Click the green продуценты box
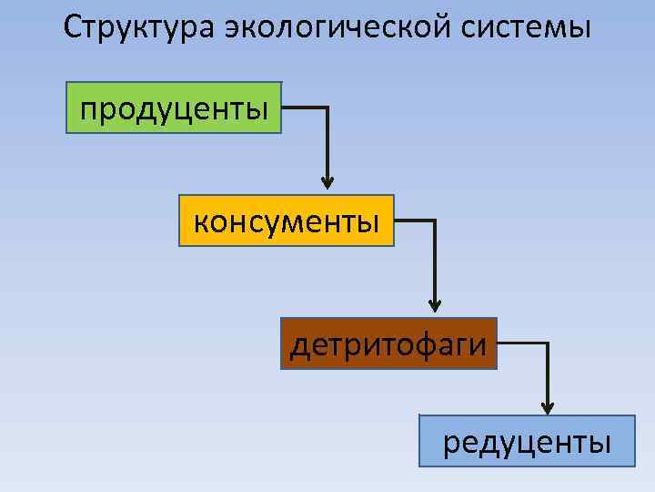174,108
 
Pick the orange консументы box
287,220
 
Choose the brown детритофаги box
388,343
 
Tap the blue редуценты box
527,441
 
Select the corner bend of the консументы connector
436,220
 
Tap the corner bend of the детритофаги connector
548,343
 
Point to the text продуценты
174,109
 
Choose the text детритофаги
388,345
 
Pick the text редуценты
527,443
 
